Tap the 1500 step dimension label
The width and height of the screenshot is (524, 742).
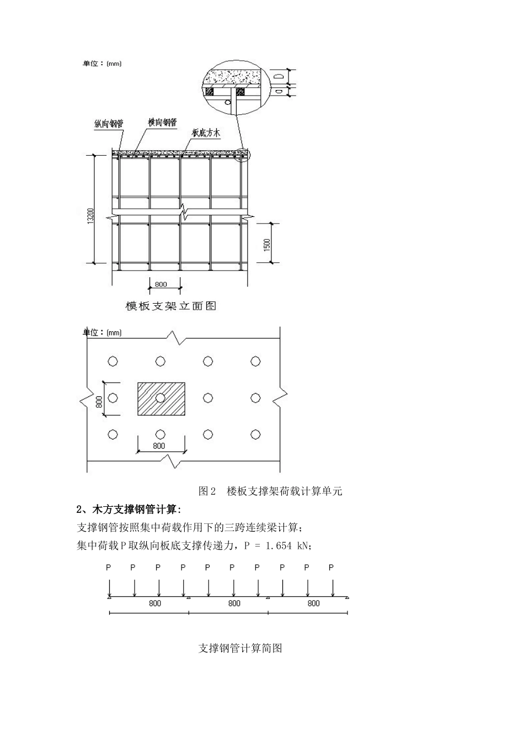click(267, 244)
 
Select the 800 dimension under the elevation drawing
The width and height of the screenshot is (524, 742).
click(161, 284)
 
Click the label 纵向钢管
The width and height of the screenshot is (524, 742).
click(109, 125)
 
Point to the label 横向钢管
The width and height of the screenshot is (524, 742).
click(162, 122)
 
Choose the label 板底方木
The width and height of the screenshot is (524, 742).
click(206, 132)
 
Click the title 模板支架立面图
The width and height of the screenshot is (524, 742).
click(170, 306)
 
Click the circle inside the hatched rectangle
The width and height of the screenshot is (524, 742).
click(161, 397)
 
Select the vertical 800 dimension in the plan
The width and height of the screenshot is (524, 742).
click(100, 399)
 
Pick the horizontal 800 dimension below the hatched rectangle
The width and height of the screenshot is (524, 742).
click(158, 446)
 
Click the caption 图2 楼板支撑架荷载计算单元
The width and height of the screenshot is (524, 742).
click(270, 491)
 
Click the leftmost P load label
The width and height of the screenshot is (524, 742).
click(109, 568)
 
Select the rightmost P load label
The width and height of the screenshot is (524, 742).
click(331, 568)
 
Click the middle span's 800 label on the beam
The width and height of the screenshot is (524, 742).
click(234, 603)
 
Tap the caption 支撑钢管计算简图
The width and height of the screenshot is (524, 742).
click(240, 648)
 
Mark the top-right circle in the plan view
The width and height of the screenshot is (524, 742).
click(255, 361)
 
